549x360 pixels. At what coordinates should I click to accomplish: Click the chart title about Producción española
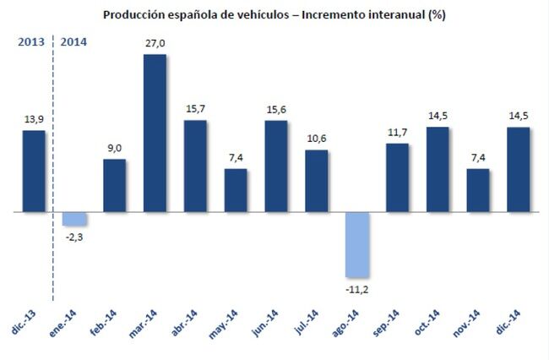pyautogui.click(x=274, y=14)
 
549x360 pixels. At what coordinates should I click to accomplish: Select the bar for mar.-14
pyautogui.click(x=155, y=133)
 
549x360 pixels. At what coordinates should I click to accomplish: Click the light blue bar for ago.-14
pyautogui.click(x=356, y=244)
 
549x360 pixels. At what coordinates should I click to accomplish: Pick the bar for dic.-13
pyautogui.click(x=34, y=170)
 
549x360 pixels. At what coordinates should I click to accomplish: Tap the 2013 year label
pyautogui.click(x=31, y=41)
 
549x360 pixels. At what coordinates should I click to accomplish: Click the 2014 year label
pyautogui.click(x=73, y=41)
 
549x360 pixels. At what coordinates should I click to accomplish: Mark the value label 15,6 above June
pyautogui.click(x=275, y=110)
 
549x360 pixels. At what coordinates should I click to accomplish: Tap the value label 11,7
pyautogui.click(x=397, y=133)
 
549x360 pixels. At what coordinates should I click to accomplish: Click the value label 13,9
pyautogui.click(x=34, y=119)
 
